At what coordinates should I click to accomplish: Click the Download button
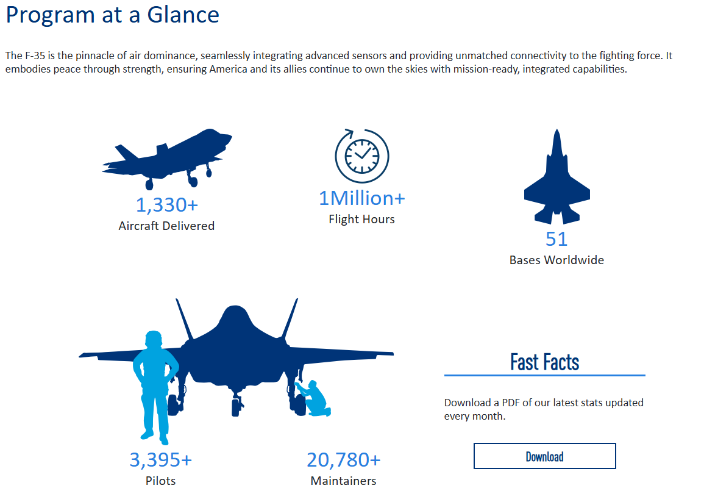pyautogui.click(x=545, y=456)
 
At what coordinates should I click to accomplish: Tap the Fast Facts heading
pyautogui.click(x=545, y=362)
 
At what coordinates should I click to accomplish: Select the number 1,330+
pyautogui.click(x=166, y=205)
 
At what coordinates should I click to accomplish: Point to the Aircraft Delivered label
pyautogui.click(x=166, y=226)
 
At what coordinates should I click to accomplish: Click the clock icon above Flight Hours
pyautogui.click(x=362, y=156)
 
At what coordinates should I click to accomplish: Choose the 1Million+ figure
pyautogui.click(x=362, y=198)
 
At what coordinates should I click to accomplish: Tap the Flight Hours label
pyautogui.click(x=362, y=220)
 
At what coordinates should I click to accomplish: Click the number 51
pyautogui.click(x=556, y=239)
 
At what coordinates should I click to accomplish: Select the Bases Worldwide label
pyautogui.click(x=556, y=260)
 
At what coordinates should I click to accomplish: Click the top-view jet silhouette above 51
pyautogui.click(x=556, y=180)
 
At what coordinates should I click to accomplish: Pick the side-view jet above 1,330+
pyautogui.click(x=167, y=158)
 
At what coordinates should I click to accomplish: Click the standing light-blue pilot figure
pyautogui.click(x=155, y=387)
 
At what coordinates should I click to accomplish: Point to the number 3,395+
pyautogui.click(x=161, y=460)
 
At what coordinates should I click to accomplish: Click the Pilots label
pyautogui.click(x=161, y=481)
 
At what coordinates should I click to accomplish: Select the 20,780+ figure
pyautogui.click(x=344, y=460)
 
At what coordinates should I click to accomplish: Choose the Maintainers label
pyautogui.click(x=344, y=481)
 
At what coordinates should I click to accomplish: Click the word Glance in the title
pyautogui.click(x=183, y=15)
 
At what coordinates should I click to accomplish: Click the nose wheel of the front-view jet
pyautogui.click(x=236, y=407)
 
